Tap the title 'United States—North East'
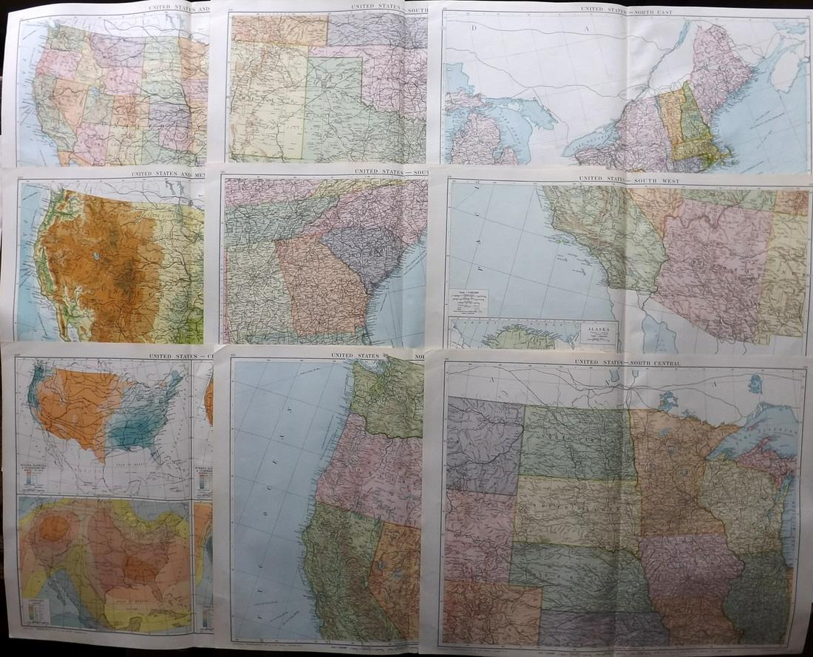(x=623, y=10)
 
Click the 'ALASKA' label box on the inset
(x=598, y=331)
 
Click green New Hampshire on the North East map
(x=691, y=115)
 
